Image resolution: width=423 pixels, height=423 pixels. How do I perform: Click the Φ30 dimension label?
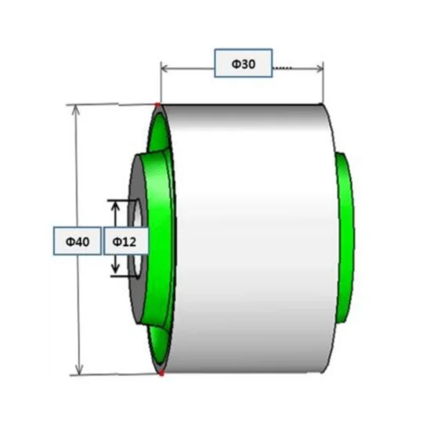(x=244, y=63)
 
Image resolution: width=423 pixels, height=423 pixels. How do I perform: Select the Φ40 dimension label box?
(x=78, y=241)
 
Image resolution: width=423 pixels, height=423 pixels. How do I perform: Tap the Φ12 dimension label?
(x=125, y=241)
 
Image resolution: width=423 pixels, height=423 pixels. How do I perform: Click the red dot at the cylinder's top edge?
(x=157, y=105)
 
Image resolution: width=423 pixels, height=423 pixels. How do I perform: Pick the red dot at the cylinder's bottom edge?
(x=161, y=373)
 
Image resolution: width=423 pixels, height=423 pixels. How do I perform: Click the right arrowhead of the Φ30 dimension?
(x=319, y=68)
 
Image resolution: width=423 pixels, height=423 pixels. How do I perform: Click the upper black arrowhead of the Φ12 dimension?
(x=115, y=206)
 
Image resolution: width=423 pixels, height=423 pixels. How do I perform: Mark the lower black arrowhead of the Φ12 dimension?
(x=115, y=268)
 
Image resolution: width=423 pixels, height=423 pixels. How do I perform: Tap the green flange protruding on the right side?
(x=345, y=237)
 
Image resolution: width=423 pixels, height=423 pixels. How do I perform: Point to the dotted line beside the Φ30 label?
(x=283, y=67)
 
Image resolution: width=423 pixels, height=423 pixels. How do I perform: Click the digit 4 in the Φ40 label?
(x=78, y=241)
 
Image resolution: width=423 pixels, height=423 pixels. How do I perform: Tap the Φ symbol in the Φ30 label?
(x=236, y=64)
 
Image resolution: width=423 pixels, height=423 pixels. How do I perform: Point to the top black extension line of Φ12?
(x=122, y=201)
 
